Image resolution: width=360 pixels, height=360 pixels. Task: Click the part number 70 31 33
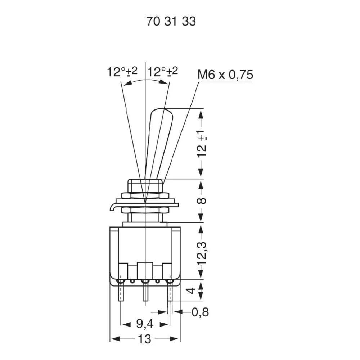coord(171,22)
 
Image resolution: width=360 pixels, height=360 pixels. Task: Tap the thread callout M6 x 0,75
coord(225,75)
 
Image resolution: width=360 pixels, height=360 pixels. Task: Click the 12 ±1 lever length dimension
coord(202,144)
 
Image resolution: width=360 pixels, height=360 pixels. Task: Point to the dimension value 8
coord(203,201)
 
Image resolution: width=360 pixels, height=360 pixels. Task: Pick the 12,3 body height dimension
coord(202,251)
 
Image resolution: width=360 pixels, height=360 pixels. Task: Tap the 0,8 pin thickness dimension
coord(200,312)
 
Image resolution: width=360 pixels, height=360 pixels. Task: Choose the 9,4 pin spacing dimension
coord(145,324)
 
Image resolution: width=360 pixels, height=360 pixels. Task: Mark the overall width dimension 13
coord(145,339)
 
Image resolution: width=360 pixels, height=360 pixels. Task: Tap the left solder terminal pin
coord(121,292)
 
